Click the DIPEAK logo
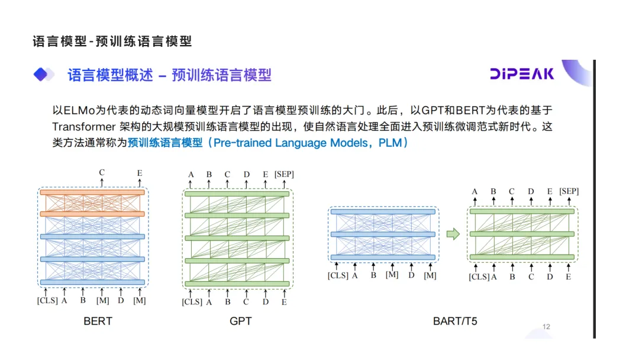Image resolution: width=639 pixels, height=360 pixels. [522, 74]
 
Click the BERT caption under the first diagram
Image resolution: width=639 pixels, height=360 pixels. [98, 322]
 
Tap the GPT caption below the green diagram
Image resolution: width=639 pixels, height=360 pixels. [240, 322]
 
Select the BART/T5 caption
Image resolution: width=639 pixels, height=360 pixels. [455, 322]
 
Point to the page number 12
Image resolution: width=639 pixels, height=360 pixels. [546, 327]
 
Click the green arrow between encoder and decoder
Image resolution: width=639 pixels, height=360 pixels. [453, 234]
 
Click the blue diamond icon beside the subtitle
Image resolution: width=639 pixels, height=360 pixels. [41, 75]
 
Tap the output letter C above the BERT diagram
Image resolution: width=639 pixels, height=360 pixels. [102, 173]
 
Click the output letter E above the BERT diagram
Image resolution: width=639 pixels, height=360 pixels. [140, 173]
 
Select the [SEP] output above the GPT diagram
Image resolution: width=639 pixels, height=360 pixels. [284, 174]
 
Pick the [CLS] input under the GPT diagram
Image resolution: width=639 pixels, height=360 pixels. [192, 302]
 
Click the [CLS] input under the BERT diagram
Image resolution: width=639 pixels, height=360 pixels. [47, 300]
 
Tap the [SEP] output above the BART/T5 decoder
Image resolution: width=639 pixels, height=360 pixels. [569, 191]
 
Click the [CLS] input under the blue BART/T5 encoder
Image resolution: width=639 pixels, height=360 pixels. [338, 275]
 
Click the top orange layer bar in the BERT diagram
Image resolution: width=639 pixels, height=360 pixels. [92, 192]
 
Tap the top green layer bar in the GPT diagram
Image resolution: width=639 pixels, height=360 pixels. [237, 194]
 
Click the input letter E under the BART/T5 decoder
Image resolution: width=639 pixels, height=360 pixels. [568, 277]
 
